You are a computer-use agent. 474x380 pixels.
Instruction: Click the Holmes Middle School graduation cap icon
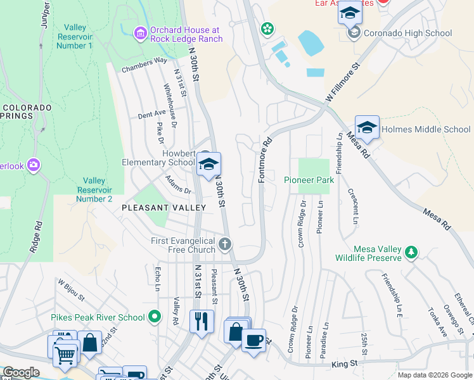pos(367,128)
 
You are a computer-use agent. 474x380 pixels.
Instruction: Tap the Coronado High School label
pos(404,34)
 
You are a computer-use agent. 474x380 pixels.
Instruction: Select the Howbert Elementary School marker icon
pos(208,165)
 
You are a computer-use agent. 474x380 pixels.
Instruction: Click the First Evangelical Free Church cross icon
pos(225,244)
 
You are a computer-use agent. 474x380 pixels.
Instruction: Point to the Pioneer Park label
pos(308,180)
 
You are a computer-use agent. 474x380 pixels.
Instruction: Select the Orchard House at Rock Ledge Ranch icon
pos(141,32)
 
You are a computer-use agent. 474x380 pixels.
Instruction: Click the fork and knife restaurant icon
pos(202,321)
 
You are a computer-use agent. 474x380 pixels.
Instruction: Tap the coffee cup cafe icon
pos(253,341)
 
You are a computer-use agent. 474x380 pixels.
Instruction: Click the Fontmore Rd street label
pos(265,161)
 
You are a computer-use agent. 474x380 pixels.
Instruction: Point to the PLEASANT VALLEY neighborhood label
pos(163,208)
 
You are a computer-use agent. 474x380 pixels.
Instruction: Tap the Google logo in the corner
pos(20,372)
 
